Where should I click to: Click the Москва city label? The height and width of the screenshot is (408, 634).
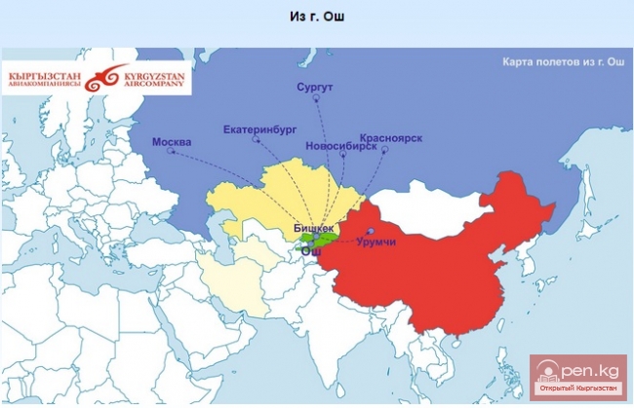[x=172, y=142]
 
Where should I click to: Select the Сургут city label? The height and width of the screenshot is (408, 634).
[x=314, y=88]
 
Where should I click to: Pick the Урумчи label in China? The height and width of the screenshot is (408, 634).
[x=376, y=241]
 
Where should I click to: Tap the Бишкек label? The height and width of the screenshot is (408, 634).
[x=313, y=227]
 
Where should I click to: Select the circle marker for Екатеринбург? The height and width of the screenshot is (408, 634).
[x=258, y=139]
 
